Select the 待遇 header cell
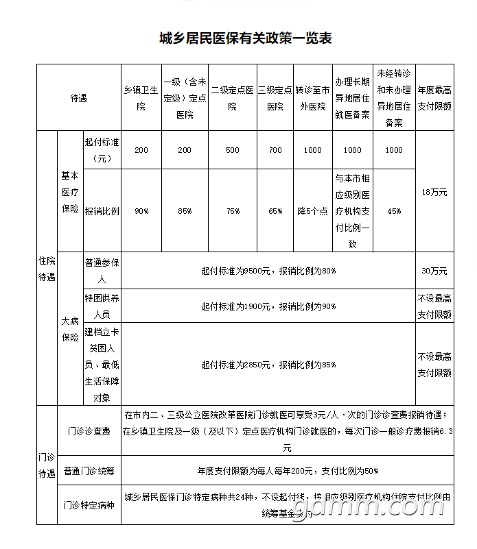coord(79,97)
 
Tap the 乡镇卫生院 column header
coord(141,97)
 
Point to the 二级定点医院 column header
coord(233,97)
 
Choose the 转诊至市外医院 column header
coord(312,97)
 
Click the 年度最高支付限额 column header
coord(434,97)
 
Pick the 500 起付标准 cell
coord(233,150)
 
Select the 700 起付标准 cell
coord(275,150)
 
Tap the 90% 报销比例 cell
coord(141,211)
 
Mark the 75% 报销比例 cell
coord(233,211)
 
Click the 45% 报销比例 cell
coord(394,211)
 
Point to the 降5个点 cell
coord(312,211)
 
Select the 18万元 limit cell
coord(434,192)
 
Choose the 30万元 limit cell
coord(434,271)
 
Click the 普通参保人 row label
coord(102,271)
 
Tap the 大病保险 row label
coord(70,328)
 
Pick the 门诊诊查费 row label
coord(89,431)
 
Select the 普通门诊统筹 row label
coord(89,471)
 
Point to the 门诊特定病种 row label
coord(89,506)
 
